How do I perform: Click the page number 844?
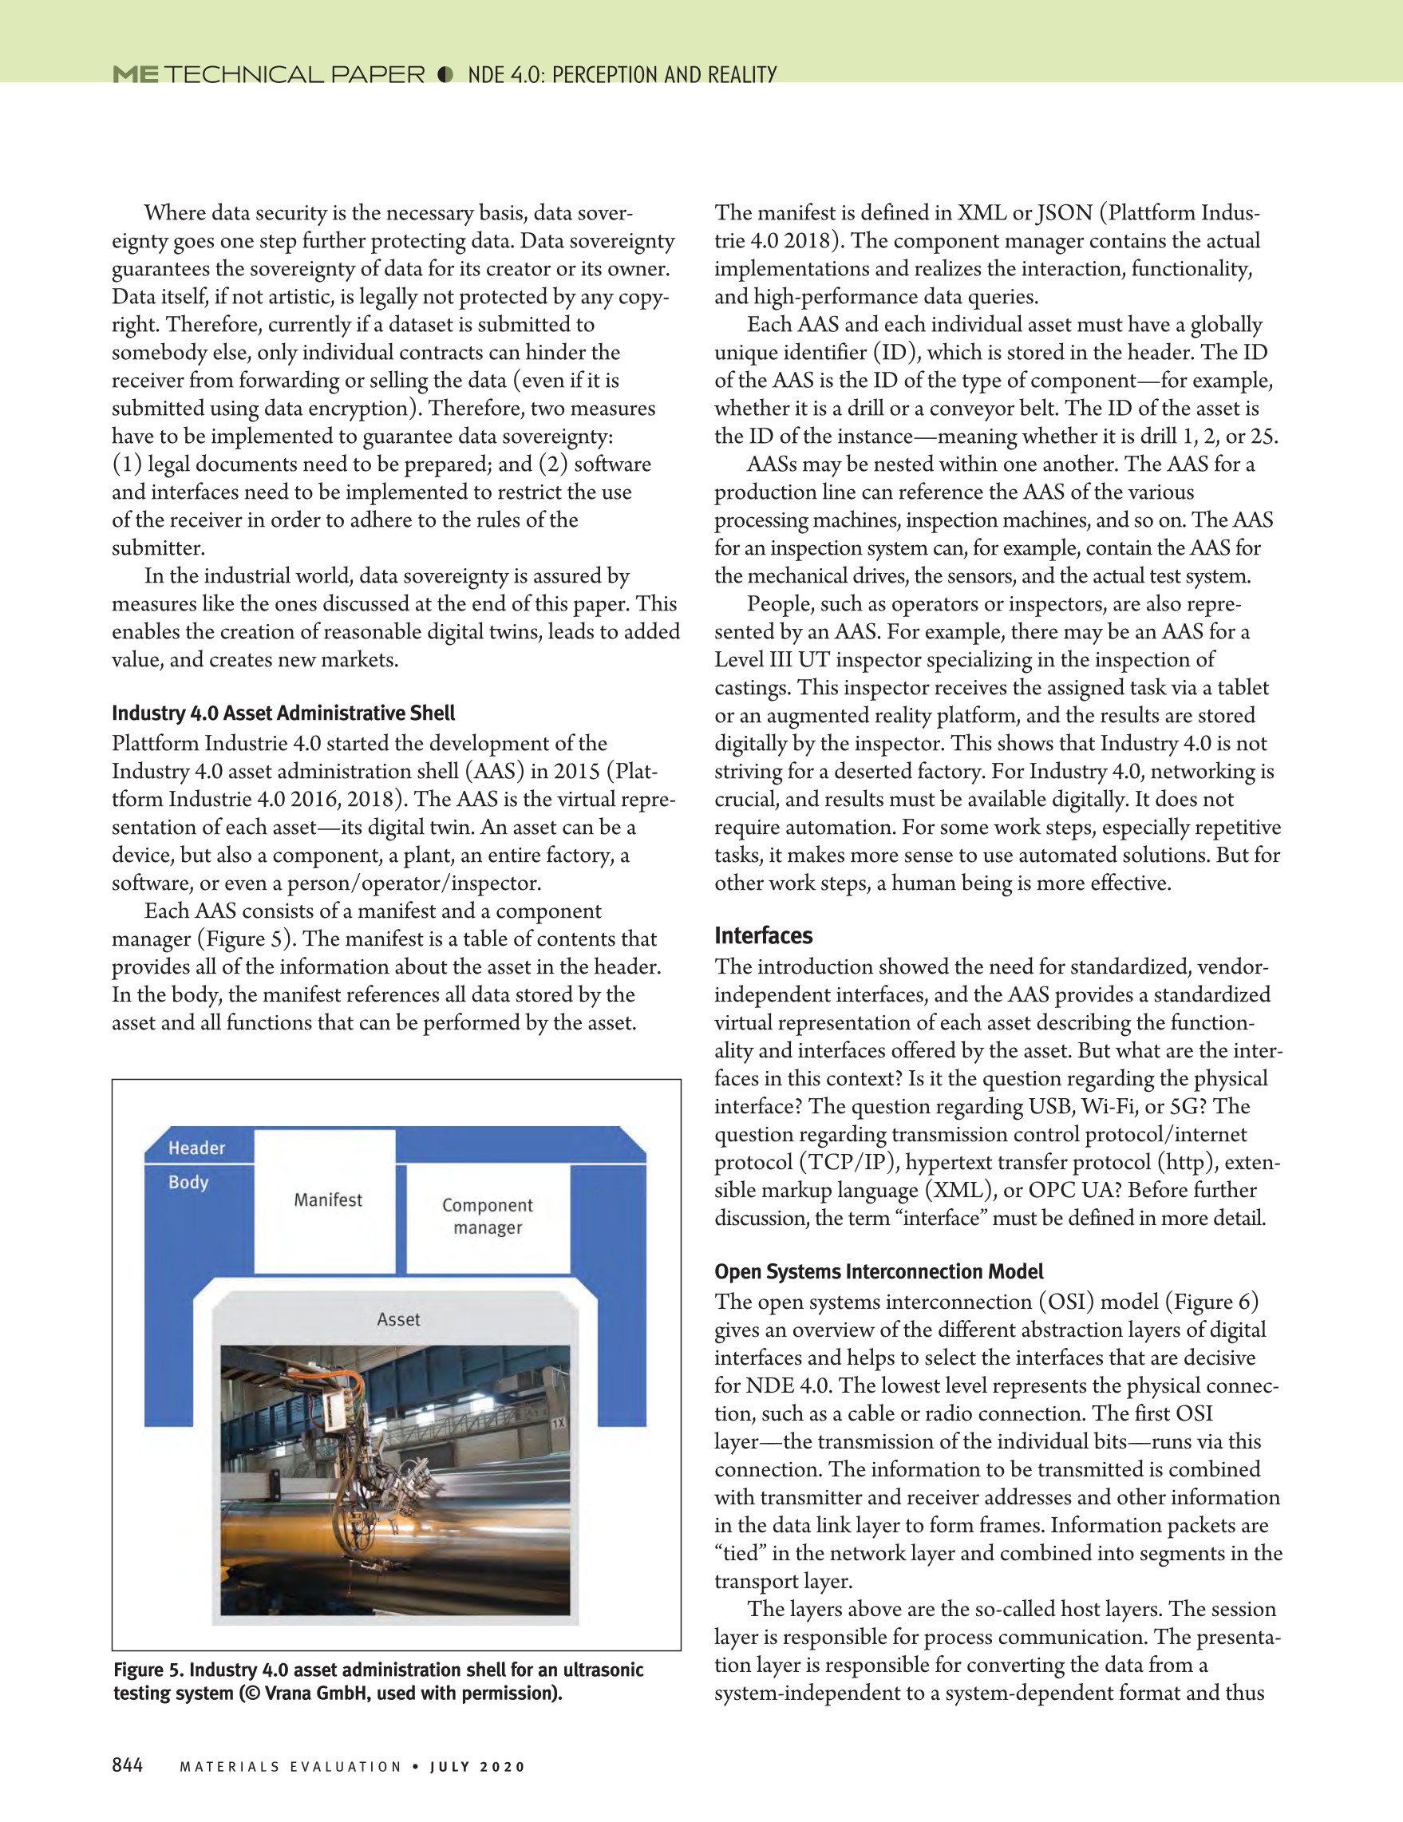click(127, 1765)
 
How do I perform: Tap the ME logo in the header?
click(135, 75)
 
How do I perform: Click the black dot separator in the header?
click(445, 75)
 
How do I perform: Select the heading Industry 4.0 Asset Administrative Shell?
click(283, 713)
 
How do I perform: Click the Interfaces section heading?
click(763, 935)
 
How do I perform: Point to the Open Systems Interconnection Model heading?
click(879, 1271)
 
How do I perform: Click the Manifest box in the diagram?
click(328, 1200)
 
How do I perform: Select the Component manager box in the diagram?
click(487, 1216)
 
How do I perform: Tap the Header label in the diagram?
click(197, 1148)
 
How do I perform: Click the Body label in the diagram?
click(188, 1182)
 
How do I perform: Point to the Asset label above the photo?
click(398, 1319)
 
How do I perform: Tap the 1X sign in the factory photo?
click(558, 1422)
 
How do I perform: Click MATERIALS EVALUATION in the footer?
click(290, 1766)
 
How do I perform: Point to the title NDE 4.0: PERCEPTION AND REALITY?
click(622, 75)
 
